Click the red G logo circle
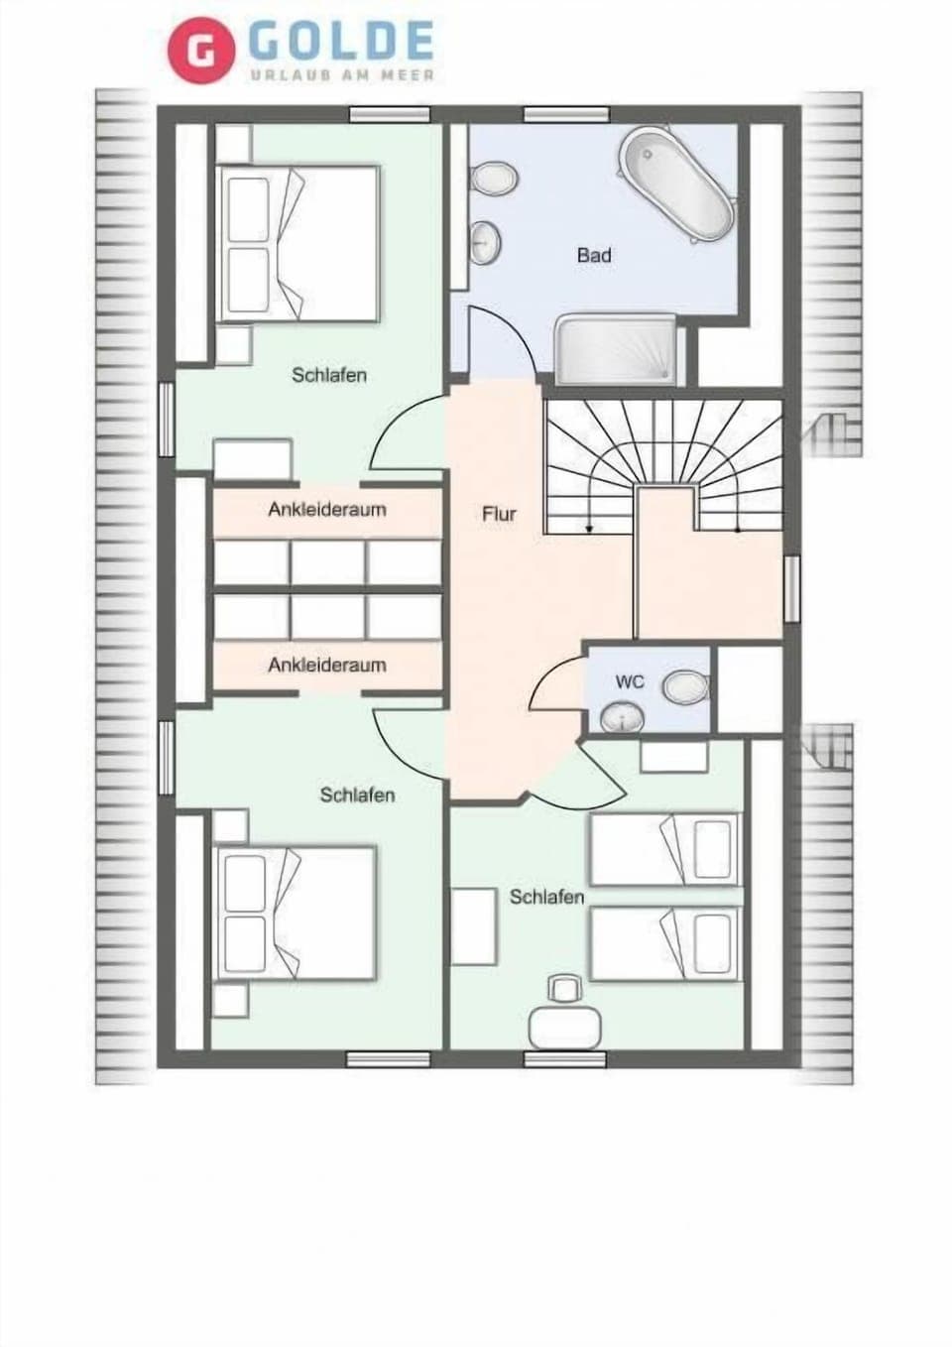pyautogui.click(x=200, y=51)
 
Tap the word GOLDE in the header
pyautogui.click(x=341, y=41)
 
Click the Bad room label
pyautogui.click(x=594, y=255)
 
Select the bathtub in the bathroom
pyautogui.click(x=676, y=184)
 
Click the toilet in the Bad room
pyautogui.click(x=494, y=179)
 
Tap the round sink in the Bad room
pyautogui.click(x=485, y=241)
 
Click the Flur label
pyautogui.click(x=499, y=514)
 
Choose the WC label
pyautogui.click(x=630, y=681)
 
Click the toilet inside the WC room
pyautogui.click(x=685, y=686)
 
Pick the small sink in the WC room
pyautogui.click(x=622, y=717)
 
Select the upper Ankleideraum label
pyautogui.click(x=327, y=510)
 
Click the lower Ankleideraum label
pyautogui.click(x=327, y=665)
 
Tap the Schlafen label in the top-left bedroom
pyautogui.click(x=329, y=375)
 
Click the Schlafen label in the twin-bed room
pyautogui.click(x=546, y=897)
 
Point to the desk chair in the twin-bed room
pyautogui.click(x=564, y=988)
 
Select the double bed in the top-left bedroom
pyautogui.click(x=297, y=244)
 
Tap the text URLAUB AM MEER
pyautogui.click(x=341, y=75)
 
